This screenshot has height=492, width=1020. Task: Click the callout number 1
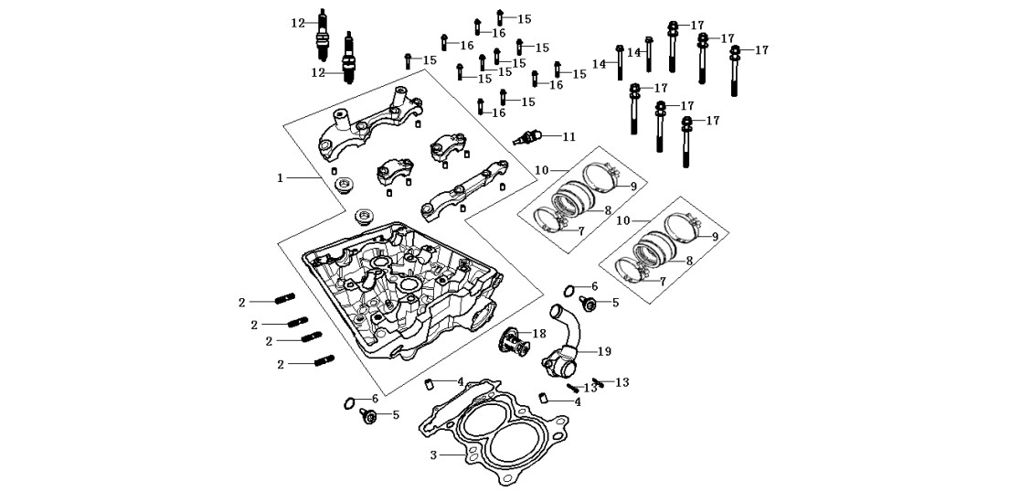point(281,177)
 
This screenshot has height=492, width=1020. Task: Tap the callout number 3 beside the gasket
point(433,455)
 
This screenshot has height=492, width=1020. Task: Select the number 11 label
point(569,136)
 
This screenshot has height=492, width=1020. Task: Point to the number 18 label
point(539,333)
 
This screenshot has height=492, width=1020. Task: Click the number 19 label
point(604,351)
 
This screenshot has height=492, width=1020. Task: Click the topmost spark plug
point(322,34)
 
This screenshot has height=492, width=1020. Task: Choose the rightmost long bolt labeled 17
point(735,70)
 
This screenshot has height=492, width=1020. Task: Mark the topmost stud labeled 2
point(285,298)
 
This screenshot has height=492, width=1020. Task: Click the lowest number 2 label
point(281,365)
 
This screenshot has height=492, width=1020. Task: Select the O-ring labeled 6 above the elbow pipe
point(569,290)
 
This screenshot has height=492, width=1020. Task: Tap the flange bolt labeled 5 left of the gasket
point(367,416)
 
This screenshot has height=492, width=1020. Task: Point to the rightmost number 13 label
point(622,382)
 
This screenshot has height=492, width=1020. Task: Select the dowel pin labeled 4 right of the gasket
point(544,397)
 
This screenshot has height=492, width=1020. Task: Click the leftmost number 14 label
point(600,64)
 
